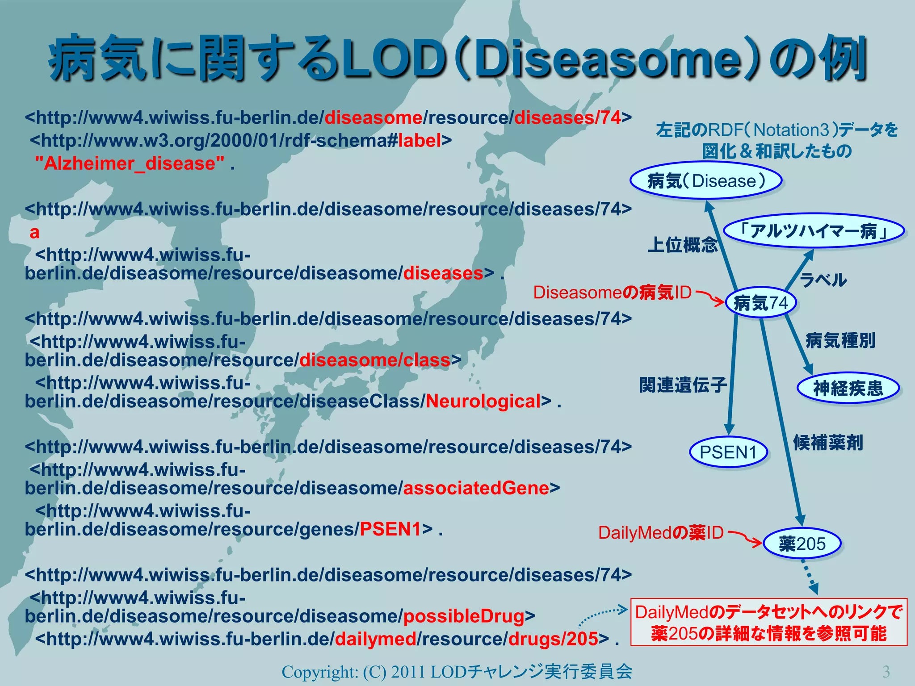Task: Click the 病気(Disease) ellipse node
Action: tap(706, 181)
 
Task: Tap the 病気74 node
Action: tap(761, 303)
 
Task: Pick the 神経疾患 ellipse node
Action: tap(848, 388)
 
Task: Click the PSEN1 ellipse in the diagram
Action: tap(728, 452)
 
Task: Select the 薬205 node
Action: tap(802, 544)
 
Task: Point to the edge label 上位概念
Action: tap(683, 245)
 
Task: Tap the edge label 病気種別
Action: tap(840, 341)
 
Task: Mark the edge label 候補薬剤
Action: tap(828, 443)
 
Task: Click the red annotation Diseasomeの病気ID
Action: tap(612, 293)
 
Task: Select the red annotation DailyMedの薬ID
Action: tap(660, 532)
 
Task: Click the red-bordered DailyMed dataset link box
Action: tap(768, 622)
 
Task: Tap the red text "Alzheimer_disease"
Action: tap(130, 163)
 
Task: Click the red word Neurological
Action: tap(483, 401)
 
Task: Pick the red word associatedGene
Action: tap(476, 488)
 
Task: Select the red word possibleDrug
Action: tap(464, 616)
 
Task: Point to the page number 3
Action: tap(886, 671)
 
